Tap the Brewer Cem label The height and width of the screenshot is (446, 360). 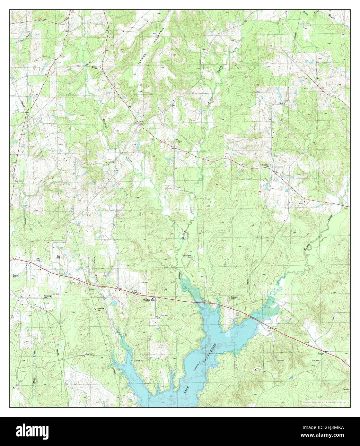[95, 68]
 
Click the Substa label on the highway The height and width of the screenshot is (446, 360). [92, 289]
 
